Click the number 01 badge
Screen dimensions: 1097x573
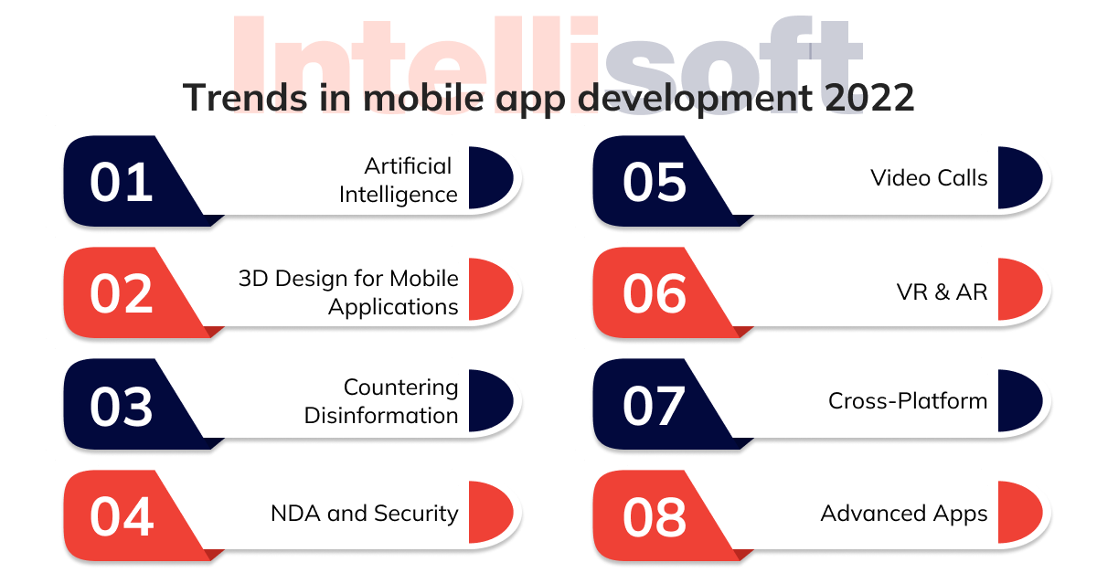point(121,182)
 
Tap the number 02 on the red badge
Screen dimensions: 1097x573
point(121,294)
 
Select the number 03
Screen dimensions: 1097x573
point(121,406)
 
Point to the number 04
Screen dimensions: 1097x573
point(122,516)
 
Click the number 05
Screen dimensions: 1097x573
point(655,182)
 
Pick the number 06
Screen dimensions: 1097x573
point(655,294)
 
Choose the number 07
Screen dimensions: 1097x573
point(654,406)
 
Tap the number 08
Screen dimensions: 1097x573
point(655,517)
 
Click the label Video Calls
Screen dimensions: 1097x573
point(929,178)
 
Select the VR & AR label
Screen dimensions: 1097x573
point(942,292)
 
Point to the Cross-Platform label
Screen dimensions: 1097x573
point(908,400)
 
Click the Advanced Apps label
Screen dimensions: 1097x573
point(904,514)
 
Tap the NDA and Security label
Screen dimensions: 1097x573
point(365,514)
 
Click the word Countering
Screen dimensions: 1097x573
point(401,387)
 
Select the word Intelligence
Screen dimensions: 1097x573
point(399,195)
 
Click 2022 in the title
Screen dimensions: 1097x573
point(869,98)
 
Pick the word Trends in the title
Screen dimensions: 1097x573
point(245,98)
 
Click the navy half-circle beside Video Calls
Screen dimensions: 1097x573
point(1020,177)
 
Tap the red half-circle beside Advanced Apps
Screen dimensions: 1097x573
point(1020,513)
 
